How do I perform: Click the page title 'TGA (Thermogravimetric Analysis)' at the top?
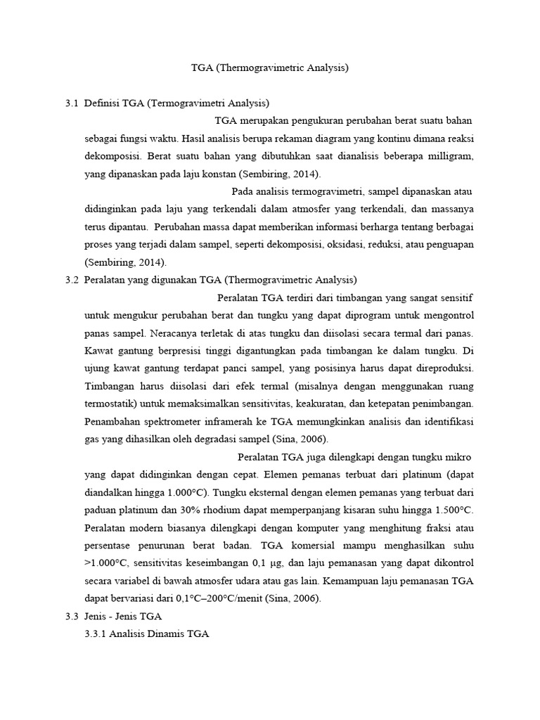(x=270, y=68)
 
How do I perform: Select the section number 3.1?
(x=71, y=103)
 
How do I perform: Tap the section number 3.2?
(x=71, y=279)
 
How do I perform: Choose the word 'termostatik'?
(x=111, y=404)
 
